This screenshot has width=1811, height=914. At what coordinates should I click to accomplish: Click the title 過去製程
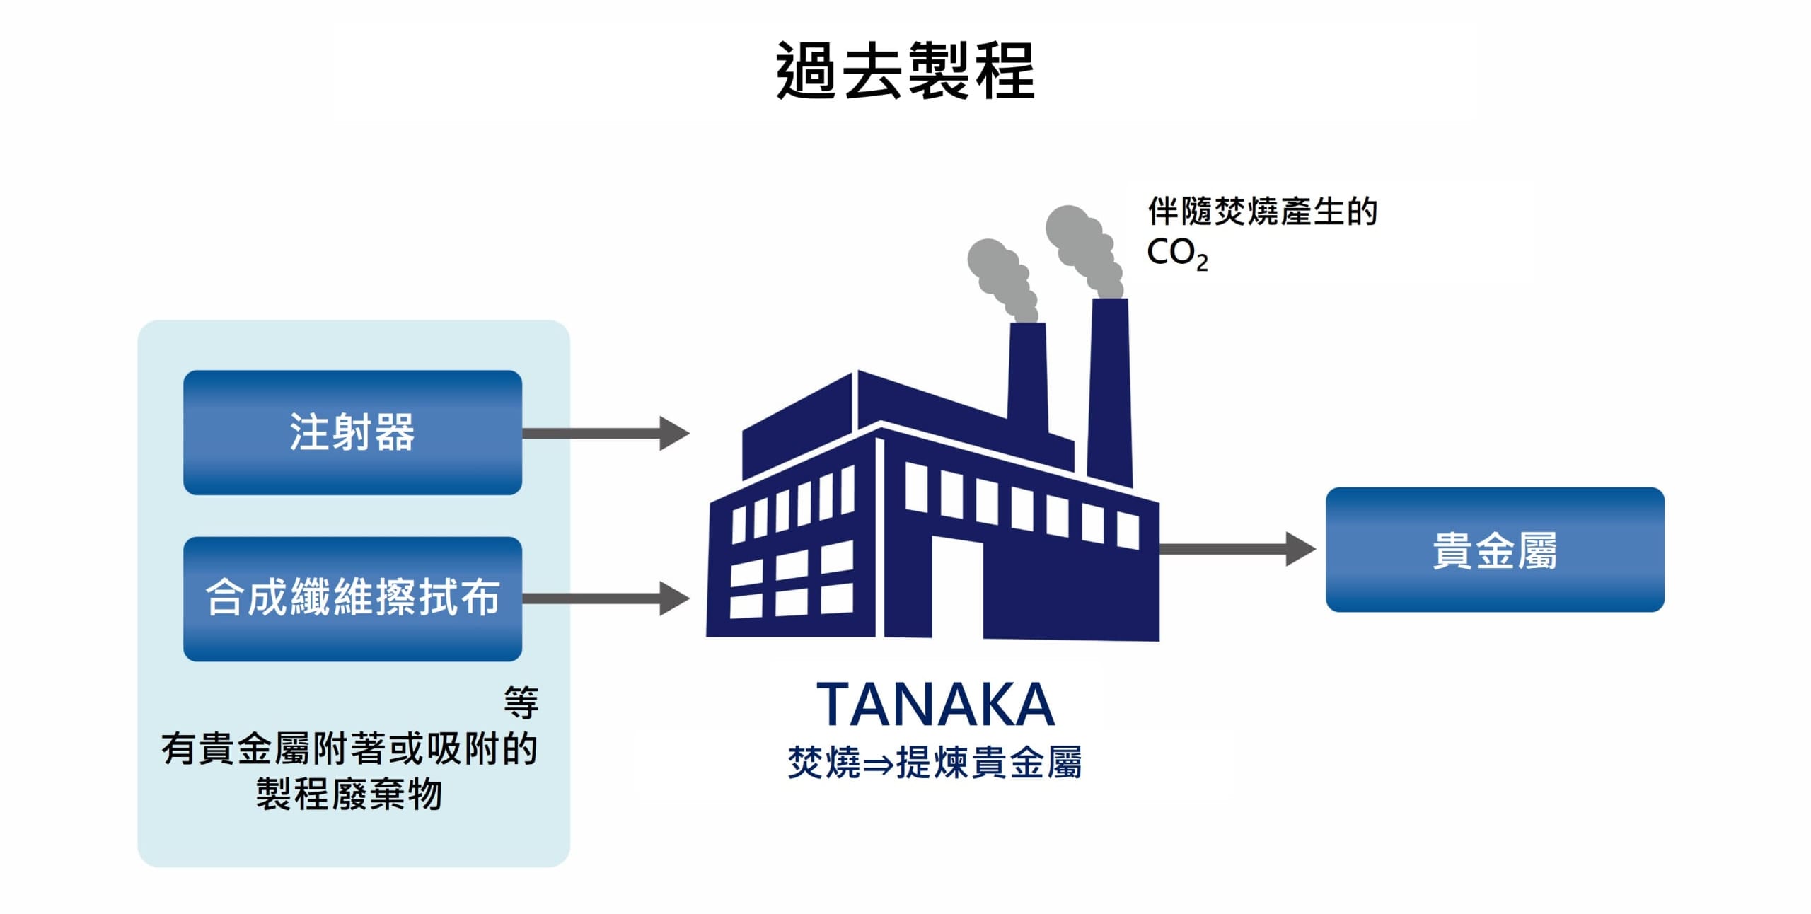point(905,70)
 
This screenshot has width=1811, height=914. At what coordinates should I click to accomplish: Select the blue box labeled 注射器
point(352,432)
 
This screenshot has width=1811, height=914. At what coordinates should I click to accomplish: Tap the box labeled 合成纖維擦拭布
point(352,598)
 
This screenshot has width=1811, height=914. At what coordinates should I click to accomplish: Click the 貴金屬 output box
point(1495,550)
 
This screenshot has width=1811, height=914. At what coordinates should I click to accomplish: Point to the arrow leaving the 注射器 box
point(606,433)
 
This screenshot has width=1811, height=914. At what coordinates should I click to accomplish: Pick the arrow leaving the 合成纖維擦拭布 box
point(606,598)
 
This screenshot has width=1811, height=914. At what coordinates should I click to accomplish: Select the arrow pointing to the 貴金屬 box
point(1237,549)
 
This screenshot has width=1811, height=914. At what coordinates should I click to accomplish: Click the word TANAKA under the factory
point(935,705)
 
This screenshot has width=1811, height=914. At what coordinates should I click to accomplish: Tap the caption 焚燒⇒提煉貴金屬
point(935,763)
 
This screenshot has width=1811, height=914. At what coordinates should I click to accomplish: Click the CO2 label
point(1177,253)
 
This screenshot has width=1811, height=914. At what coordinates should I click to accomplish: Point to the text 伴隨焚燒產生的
point(1263,212)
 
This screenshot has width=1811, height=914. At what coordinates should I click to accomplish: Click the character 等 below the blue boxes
point(521,702)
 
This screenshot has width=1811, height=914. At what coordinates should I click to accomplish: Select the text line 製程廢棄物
point(349,794)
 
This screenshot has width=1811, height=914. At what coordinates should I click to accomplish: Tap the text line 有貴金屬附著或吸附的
point(349,748)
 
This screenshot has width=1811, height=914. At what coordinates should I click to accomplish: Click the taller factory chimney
point(1109,393)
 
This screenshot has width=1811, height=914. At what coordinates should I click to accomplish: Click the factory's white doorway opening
point(956,586)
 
